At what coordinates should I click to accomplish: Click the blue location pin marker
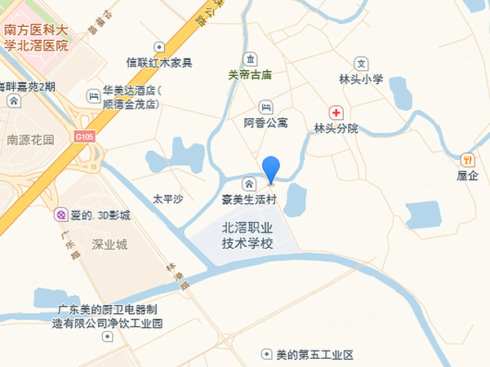(x=271, y=169)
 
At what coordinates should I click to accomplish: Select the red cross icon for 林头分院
(x=336, y=112)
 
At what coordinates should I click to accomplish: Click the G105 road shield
(x=85, y=135)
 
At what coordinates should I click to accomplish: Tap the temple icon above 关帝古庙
(x=250, y=58)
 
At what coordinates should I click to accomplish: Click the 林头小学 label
(x=360, y=79)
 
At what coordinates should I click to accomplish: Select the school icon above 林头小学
(x=361, y=63)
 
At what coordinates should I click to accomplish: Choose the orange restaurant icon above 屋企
(x=467, y=159)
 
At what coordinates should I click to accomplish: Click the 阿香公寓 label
(x=266, y=123)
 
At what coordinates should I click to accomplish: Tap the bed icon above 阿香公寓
(x=265, y=107)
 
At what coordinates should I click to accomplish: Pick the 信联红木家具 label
(x=159, y=63)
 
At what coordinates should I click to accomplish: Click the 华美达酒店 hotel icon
(x=91, y=96)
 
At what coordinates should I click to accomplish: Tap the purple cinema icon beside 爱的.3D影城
(x=60, y=214)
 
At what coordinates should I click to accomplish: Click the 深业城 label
(x=110, y=244)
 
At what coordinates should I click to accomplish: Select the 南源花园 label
(x=30, y=139)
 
